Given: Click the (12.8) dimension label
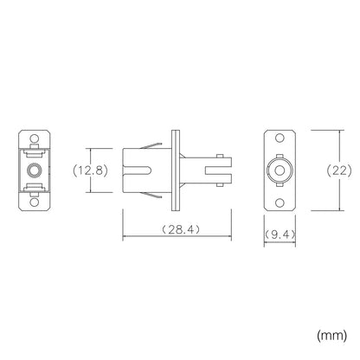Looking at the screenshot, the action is coord(90,170).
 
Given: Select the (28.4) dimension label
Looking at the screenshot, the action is coord(180,229).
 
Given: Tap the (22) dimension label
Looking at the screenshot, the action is coord(339,170).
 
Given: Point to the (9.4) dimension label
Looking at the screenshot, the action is coord(280,235).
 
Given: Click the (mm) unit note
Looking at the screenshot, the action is coord(332,336).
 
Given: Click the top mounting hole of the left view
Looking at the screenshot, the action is coord(35,138).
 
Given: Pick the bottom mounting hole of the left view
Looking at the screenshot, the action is coord(35,202).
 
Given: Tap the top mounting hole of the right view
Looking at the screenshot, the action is coord(280,138).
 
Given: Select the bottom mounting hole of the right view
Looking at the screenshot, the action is coord(280,202).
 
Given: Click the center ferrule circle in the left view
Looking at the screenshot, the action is coord(35,170).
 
